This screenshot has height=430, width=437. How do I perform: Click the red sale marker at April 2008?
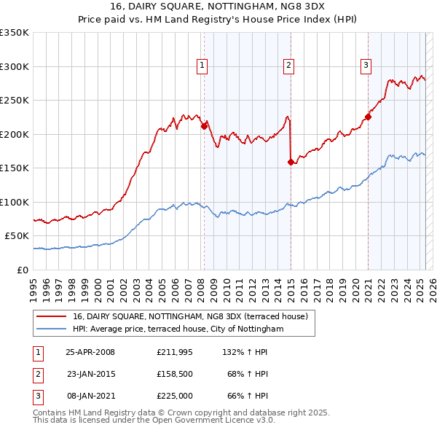pyautogui.click(x=204, y=125)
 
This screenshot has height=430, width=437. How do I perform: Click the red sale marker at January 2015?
pyautogui.click(x=291, y=162)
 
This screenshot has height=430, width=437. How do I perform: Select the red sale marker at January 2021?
pyautogui.click(x=368, y=116)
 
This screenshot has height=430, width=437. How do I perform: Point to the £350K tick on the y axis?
pyautogui.click(x=15, y=33)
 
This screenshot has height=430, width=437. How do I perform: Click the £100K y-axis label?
pyautogui.click(x=15, y=202)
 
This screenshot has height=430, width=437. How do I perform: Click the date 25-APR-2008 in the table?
pyautogui.click(x=90, y=351)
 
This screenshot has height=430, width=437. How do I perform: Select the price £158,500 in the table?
pyautogui.click(x=175, y=374)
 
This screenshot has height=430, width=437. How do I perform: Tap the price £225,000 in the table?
pyautogui.click(x=175, y=396)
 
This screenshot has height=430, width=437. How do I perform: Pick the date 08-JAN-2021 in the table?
pyautogui.click(x=90, y=396)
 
